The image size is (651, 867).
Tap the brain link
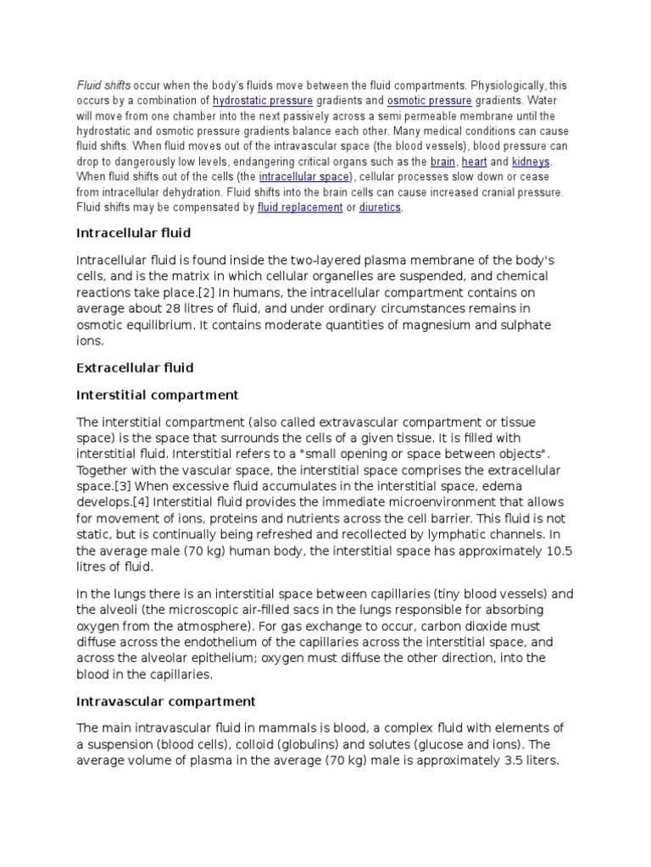tap(442, 162)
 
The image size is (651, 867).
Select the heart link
tap(474, 162)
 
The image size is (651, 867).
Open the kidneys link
tap(531, 162)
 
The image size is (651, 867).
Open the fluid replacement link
tap(298, 207)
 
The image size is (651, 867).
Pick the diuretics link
tap(380, 207)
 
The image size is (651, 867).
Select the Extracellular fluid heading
tap(135, 367)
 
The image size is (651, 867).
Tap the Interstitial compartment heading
tap(157, 395)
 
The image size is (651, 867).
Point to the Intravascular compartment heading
tap(165, 701)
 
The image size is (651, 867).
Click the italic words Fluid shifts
tap(104, 86)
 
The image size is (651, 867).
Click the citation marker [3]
tap(122, 486)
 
